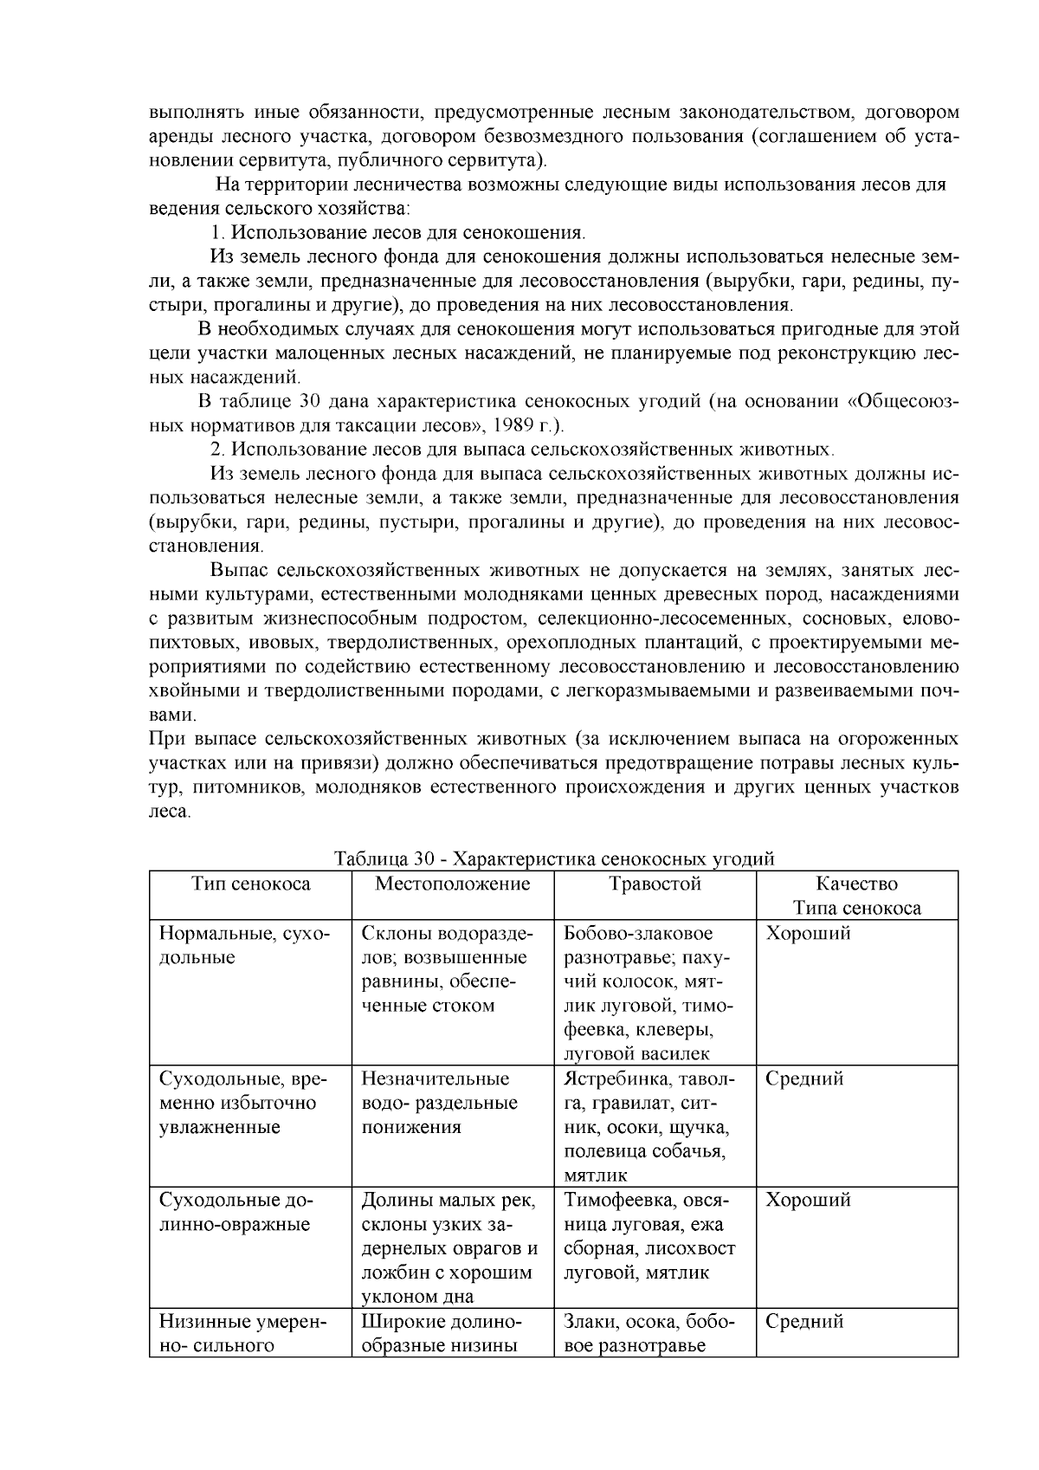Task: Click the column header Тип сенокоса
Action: coord(250,884)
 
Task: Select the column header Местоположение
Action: coord(452,884)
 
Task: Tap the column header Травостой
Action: coord(655,884)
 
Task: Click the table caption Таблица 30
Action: coord(554,859)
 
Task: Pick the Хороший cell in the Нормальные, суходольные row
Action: coord(808,934)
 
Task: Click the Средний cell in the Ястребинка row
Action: coord(804,1079)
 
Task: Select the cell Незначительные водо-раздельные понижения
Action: coord(439,1104)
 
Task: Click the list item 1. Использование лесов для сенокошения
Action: coord(399,233)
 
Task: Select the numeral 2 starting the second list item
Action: coord(217,450)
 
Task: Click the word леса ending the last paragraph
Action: coord(169,813)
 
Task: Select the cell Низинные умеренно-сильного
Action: coord(241,1334)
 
